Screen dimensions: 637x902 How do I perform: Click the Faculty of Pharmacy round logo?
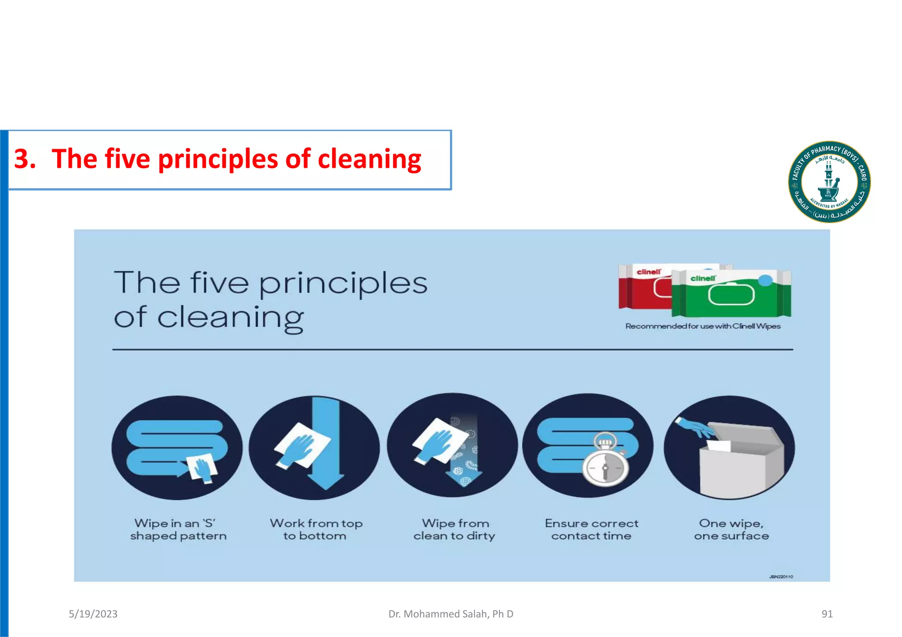tap(829, 182)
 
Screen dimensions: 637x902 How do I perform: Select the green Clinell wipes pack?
tap(731, 294)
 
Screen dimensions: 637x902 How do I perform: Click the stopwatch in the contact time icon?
tap(605, 461)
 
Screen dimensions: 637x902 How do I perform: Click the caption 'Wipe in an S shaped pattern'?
tap(178, 530)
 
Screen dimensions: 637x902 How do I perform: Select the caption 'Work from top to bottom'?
tap(316, 530)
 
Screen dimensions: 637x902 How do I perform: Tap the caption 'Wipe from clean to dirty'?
tap(455, 530)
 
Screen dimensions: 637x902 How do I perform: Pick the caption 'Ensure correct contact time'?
tap(591, 530)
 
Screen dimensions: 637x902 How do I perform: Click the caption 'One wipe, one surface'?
tap(731, 530)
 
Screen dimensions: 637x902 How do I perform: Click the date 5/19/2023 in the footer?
tap(93, 614)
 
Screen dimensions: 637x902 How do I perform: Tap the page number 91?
tap(827, 614)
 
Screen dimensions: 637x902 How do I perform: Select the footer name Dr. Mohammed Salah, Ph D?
tap(451, 614)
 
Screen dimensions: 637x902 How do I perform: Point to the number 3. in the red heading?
tap(25, 159)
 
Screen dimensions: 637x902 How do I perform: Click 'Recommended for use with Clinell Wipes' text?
tap(702, 326)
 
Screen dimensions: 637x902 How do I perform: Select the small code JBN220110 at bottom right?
tap(781, 577)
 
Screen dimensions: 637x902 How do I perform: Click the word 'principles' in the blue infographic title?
tap(343, 284)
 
